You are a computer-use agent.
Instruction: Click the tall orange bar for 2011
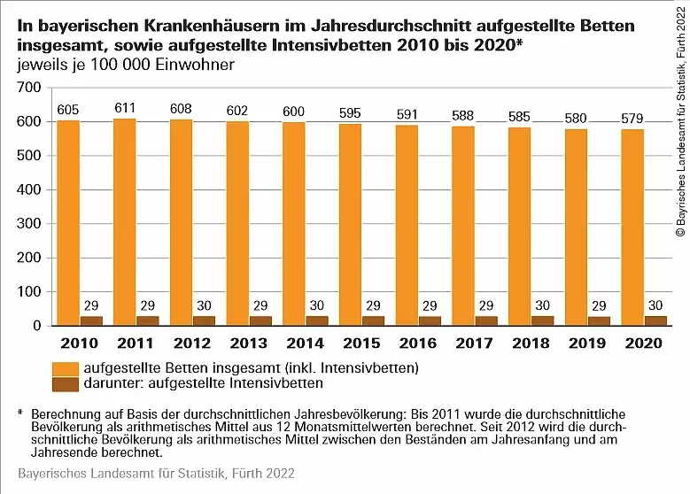tap(125, 221)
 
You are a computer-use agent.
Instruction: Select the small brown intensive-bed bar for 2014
tap(317, 320)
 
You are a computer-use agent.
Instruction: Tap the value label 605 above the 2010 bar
tap(68, 110)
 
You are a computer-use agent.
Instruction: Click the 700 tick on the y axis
tap(29, 88)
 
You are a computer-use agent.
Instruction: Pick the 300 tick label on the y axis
tap(29, 223)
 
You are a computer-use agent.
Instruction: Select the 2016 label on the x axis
tap(418, 343)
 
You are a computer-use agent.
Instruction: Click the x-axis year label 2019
tap(587, 343)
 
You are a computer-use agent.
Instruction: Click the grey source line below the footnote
tap(156, 474)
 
